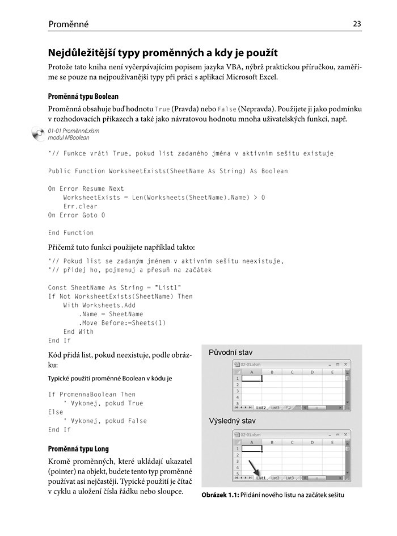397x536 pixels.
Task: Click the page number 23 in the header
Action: pos(357,24)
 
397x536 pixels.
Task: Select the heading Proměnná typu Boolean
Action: pos(83,97)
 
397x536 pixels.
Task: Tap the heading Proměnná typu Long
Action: pos(78,449)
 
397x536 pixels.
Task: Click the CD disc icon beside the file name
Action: pos(38,134)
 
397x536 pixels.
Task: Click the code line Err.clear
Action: pos(81,207)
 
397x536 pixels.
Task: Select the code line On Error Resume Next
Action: pos(86,189)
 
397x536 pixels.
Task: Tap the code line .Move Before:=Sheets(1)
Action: pos(123,323)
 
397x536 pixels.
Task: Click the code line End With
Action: pos(78,332)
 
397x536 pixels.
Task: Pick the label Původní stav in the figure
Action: pos(231,353)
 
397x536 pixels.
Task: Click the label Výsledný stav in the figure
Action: pos(233,421)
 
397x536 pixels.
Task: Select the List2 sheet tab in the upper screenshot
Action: pos(261,407)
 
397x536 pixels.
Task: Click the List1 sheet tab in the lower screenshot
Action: pos(261,478)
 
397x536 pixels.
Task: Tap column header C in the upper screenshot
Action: pos(292,372)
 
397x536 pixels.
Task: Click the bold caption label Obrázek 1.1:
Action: pos(219,495)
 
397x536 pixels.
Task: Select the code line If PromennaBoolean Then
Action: pos(92,394)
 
